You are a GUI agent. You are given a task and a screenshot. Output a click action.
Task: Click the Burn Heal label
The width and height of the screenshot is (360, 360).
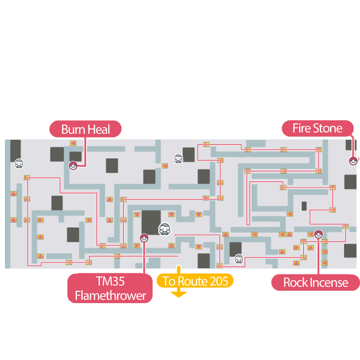(85, 130)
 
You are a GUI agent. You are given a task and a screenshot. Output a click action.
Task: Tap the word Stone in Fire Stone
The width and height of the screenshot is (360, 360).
(328, 128)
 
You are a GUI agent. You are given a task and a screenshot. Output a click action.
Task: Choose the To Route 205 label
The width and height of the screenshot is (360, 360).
(195, 281)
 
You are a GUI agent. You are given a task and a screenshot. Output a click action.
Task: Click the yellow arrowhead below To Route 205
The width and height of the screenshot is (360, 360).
(178, 294)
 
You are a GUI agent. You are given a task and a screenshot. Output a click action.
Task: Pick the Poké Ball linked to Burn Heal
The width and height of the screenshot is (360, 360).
(73, 166)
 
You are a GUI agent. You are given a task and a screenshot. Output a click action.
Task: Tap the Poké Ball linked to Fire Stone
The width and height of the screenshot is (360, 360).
(353, 161)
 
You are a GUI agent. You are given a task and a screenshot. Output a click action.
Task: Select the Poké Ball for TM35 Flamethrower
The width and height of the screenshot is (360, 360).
(144, 238)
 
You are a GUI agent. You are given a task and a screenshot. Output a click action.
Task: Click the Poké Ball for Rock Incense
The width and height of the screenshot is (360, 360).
(318, 234)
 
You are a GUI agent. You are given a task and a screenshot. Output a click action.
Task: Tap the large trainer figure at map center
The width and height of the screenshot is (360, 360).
(164, 229)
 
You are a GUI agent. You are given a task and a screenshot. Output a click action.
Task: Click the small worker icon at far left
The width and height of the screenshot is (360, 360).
(19, 164)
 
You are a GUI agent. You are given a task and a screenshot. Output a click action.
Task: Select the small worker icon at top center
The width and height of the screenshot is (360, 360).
(178, 158)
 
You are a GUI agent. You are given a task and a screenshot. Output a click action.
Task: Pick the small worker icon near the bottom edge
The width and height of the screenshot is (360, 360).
(239, 259)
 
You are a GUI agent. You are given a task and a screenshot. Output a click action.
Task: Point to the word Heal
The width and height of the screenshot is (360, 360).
(99, 130)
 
